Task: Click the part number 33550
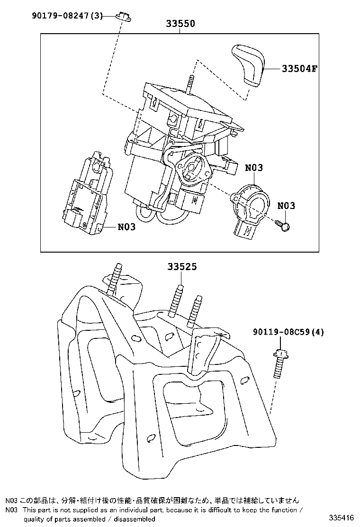(x=180, y=24)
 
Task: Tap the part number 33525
(x=181, y=267)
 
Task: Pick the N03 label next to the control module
(x=126, y=227)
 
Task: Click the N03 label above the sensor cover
(x=254, y=168)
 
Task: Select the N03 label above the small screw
(x=286, y=205)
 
